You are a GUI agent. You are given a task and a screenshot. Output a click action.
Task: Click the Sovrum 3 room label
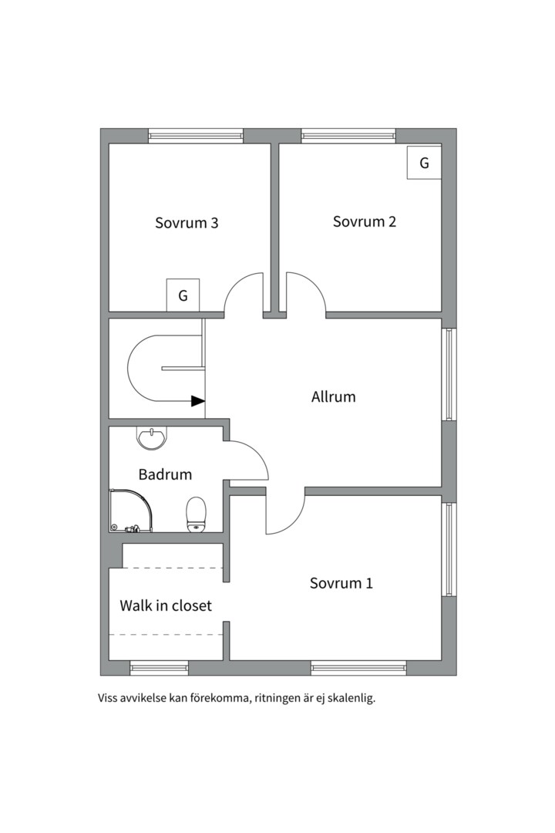[x=187, y=223]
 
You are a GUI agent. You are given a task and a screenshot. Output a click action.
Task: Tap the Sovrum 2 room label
[x=365, y=221]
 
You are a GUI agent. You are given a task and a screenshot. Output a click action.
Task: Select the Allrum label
[x=334, y=397]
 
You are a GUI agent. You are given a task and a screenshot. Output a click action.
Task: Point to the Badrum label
[x=165, y=474]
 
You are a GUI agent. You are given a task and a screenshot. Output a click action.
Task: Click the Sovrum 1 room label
[x=341, y=583]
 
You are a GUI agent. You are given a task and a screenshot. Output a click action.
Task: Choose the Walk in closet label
[x=166, y=605]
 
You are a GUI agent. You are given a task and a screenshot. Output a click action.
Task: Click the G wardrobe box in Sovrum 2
[x=425, y=163]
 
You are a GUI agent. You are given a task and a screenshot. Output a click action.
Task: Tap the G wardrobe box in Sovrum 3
[x=183, y=295]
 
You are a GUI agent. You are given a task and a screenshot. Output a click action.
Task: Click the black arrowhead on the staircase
[x=198, y=401]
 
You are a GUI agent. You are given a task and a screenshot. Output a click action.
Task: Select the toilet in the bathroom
[x=196, y=514]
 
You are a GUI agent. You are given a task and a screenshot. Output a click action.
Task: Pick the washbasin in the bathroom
[x=151, y=438]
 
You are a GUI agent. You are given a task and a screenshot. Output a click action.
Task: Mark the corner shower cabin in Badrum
[x=130, y=511]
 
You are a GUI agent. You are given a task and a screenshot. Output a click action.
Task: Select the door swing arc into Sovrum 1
[x=294, y=524]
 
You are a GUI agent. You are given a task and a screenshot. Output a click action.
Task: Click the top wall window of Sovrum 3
[x=196, y=136]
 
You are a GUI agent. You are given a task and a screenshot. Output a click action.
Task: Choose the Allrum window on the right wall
[x=449, y=375]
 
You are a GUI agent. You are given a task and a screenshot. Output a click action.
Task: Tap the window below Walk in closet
[x=160, y=668]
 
